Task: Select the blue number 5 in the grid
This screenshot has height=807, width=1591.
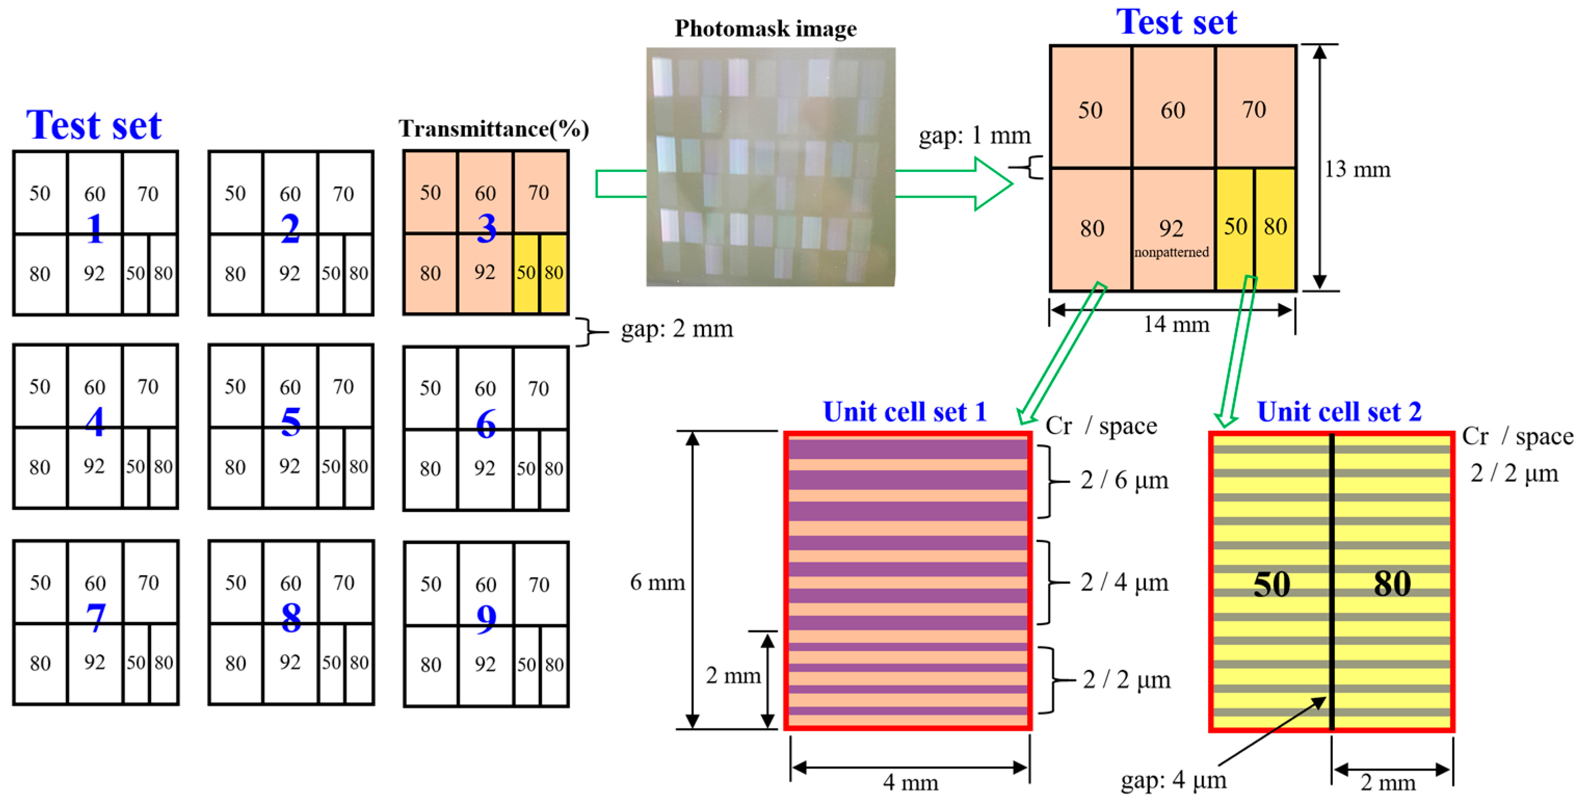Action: (x=290, y=422)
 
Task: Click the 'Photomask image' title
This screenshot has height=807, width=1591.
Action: (x=765, y=29)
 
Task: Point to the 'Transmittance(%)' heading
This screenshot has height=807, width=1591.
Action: (x=494, y=129)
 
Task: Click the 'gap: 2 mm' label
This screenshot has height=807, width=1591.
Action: (x=677, y=329)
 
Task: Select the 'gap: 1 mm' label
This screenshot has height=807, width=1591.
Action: (x=974, y=135)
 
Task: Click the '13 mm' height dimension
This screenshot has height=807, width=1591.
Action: (x=1357, y=169)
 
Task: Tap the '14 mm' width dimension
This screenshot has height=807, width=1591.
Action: (x=1175, y=324)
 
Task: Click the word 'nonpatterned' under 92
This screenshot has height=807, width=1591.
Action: (x=1171, y=252)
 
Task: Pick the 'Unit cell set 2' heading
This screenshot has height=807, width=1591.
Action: (x=1339, y=412)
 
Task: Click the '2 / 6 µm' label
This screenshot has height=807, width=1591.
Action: (x=1124, y=480)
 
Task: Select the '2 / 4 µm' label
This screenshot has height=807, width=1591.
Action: (x=1124, y=582)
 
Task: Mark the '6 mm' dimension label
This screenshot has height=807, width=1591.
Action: (x=657, y=582)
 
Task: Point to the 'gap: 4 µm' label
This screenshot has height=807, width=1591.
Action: (x=1173, y=780)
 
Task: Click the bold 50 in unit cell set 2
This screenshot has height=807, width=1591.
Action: (x=1271, y=584)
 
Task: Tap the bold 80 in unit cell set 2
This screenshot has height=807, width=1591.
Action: (x=1392, y=584)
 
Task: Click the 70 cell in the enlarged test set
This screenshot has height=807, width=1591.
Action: (x=1254, y=110)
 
